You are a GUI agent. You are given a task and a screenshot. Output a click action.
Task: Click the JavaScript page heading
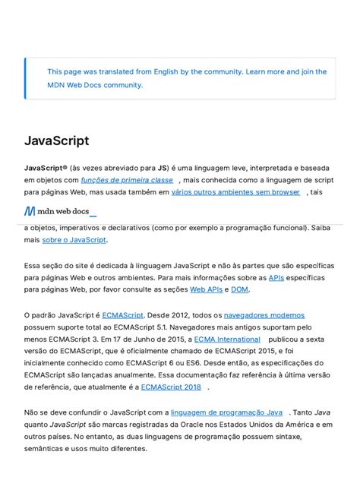pos(56,141)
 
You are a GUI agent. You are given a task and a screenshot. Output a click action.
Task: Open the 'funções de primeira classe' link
pos(127,180)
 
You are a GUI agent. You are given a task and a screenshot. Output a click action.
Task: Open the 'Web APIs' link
pos(207,289)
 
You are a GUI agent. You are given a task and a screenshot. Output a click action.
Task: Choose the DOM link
pos(239,289)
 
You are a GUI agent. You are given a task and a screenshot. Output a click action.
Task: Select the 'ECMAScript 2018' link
pos(171,387)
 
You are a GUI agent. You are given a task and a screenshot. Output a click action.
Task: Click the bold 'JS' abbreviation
pos(163,168)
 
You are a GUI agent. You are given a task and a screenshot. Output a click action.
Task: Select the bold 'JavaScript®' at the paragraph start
pos(45,168)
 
